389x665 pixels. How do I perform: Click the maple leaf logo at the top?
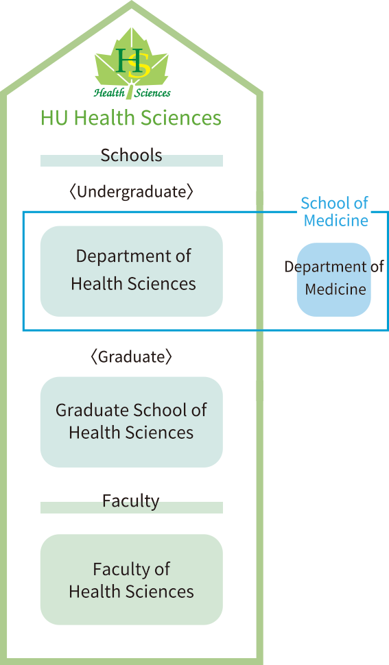(x=132, y=63)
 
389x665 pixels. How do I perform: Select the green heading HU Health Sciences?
(x=130, y=117)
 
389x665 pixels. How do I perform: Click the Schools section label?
(x=131, y=155)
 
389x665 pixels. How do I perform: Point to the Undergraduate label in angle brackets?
(x=131, y=192)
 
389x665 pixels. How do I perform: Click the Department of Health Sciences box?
(x=132, y=271)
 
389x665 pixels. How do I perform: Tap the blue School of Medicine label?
(x=335, y=212)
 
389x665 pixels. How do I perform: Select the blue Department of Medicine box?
(x=334, y=280)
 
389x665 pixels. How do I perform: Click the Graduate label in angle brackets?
(x=131, y=356)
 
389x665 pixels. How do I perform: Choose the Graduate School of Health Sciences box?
(x=132, y=422)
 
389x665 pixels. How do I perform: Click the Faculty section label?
(x=130, y=501)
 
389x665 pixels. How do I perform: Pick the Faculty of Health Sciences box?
(x=132, y=579)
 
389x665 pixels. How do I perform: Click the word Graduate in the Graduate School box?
(x=92, y=410)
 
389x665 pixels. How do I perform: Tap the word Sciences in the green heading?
(x=181, y=117)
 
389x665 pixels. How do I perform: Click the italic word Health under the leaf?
(x=110, y=93)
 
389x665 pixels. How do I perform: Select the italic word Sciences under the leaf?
(x=153, y=93)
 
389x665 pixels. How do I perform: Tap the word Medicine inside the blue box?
(x=335, y=289)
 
